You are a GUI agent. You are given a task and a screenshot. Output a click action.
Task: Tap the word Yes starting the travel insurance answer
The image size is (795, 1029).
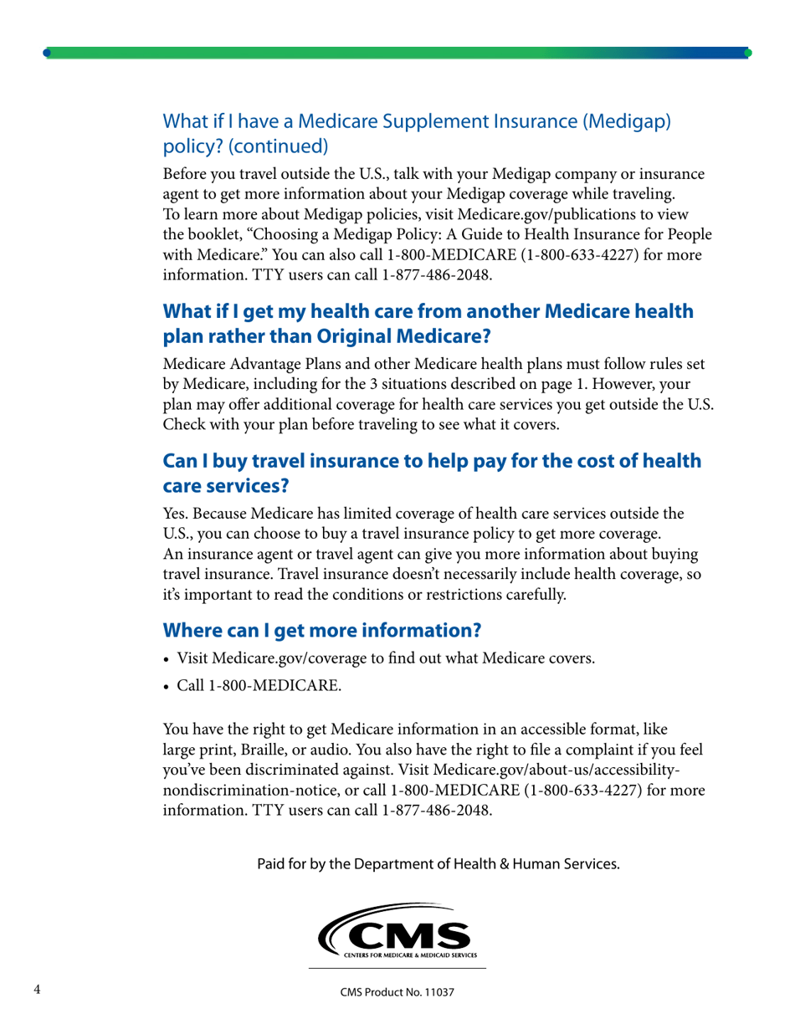[175, 514]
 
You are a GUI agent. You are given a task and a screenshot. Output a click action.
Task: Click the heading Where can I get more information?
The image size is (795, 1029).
[322, 629]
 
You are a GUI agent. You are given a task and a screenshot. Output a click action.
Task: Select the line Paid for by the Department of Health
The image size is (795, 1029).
[439, 863]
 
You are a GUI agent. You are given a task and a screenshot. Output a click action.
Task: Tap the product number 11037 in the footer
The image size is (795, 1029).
[436, 993]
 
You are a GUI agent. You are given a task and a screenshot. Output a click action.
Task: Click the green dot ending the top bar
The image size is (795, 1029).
[747, 53]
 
